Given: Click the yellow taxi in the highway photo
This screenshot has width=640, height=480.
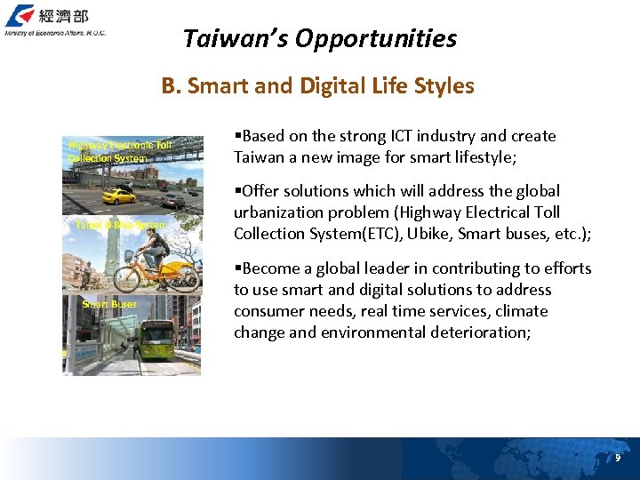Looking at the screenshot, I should click(118, 196).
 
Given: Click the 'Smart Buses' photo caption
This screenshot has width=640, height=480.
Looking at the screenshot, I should click(109, 304).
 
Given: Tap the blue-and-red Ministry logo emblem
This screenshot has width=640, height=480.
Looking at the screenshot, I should click(20, 16).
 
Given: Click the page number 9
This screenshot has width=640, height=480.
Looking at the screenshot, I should click(618, 458).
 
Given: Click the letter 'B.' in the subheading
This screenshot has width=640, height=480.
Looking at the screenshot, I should click(172, 86).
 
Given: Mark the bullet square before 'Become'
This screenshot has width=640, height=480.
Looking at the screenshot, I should click(237, 268).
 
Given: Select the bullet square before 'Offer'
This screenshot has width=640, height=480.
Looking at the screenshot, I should click(237, 191).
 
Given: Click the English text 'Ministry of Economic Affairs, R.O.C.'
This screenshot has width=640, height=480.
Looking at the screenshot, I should click(54, 33).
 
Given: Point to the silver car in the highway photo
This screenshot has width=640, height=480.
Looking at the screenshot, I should click(172, 202).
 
